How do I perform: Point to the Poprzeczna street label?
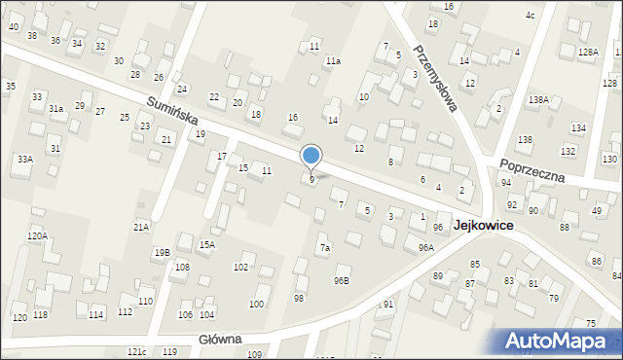click(531, 169)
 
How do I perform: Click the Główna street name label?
click(219, 340)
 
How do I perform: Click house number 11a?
click(333, 61)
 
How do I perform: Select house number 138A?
click(538, 100)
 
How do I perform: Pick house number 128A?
click(587, 53)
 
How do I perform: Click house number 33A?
click(24, 159)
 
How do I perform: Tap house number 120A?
click(37, 235)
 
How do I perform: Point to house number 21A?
click(141, 227)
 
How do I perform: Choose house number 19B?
click(162, 252)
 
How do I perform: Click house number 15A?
click(206, 244)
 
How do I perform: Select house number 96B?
click(341, 281)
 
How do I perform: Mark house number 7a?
click(326, 248)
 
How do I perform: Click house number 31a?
click(56, 109)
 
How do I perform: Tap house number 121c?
click(136, 351)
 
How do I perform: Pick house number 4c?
click(530, 16)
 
